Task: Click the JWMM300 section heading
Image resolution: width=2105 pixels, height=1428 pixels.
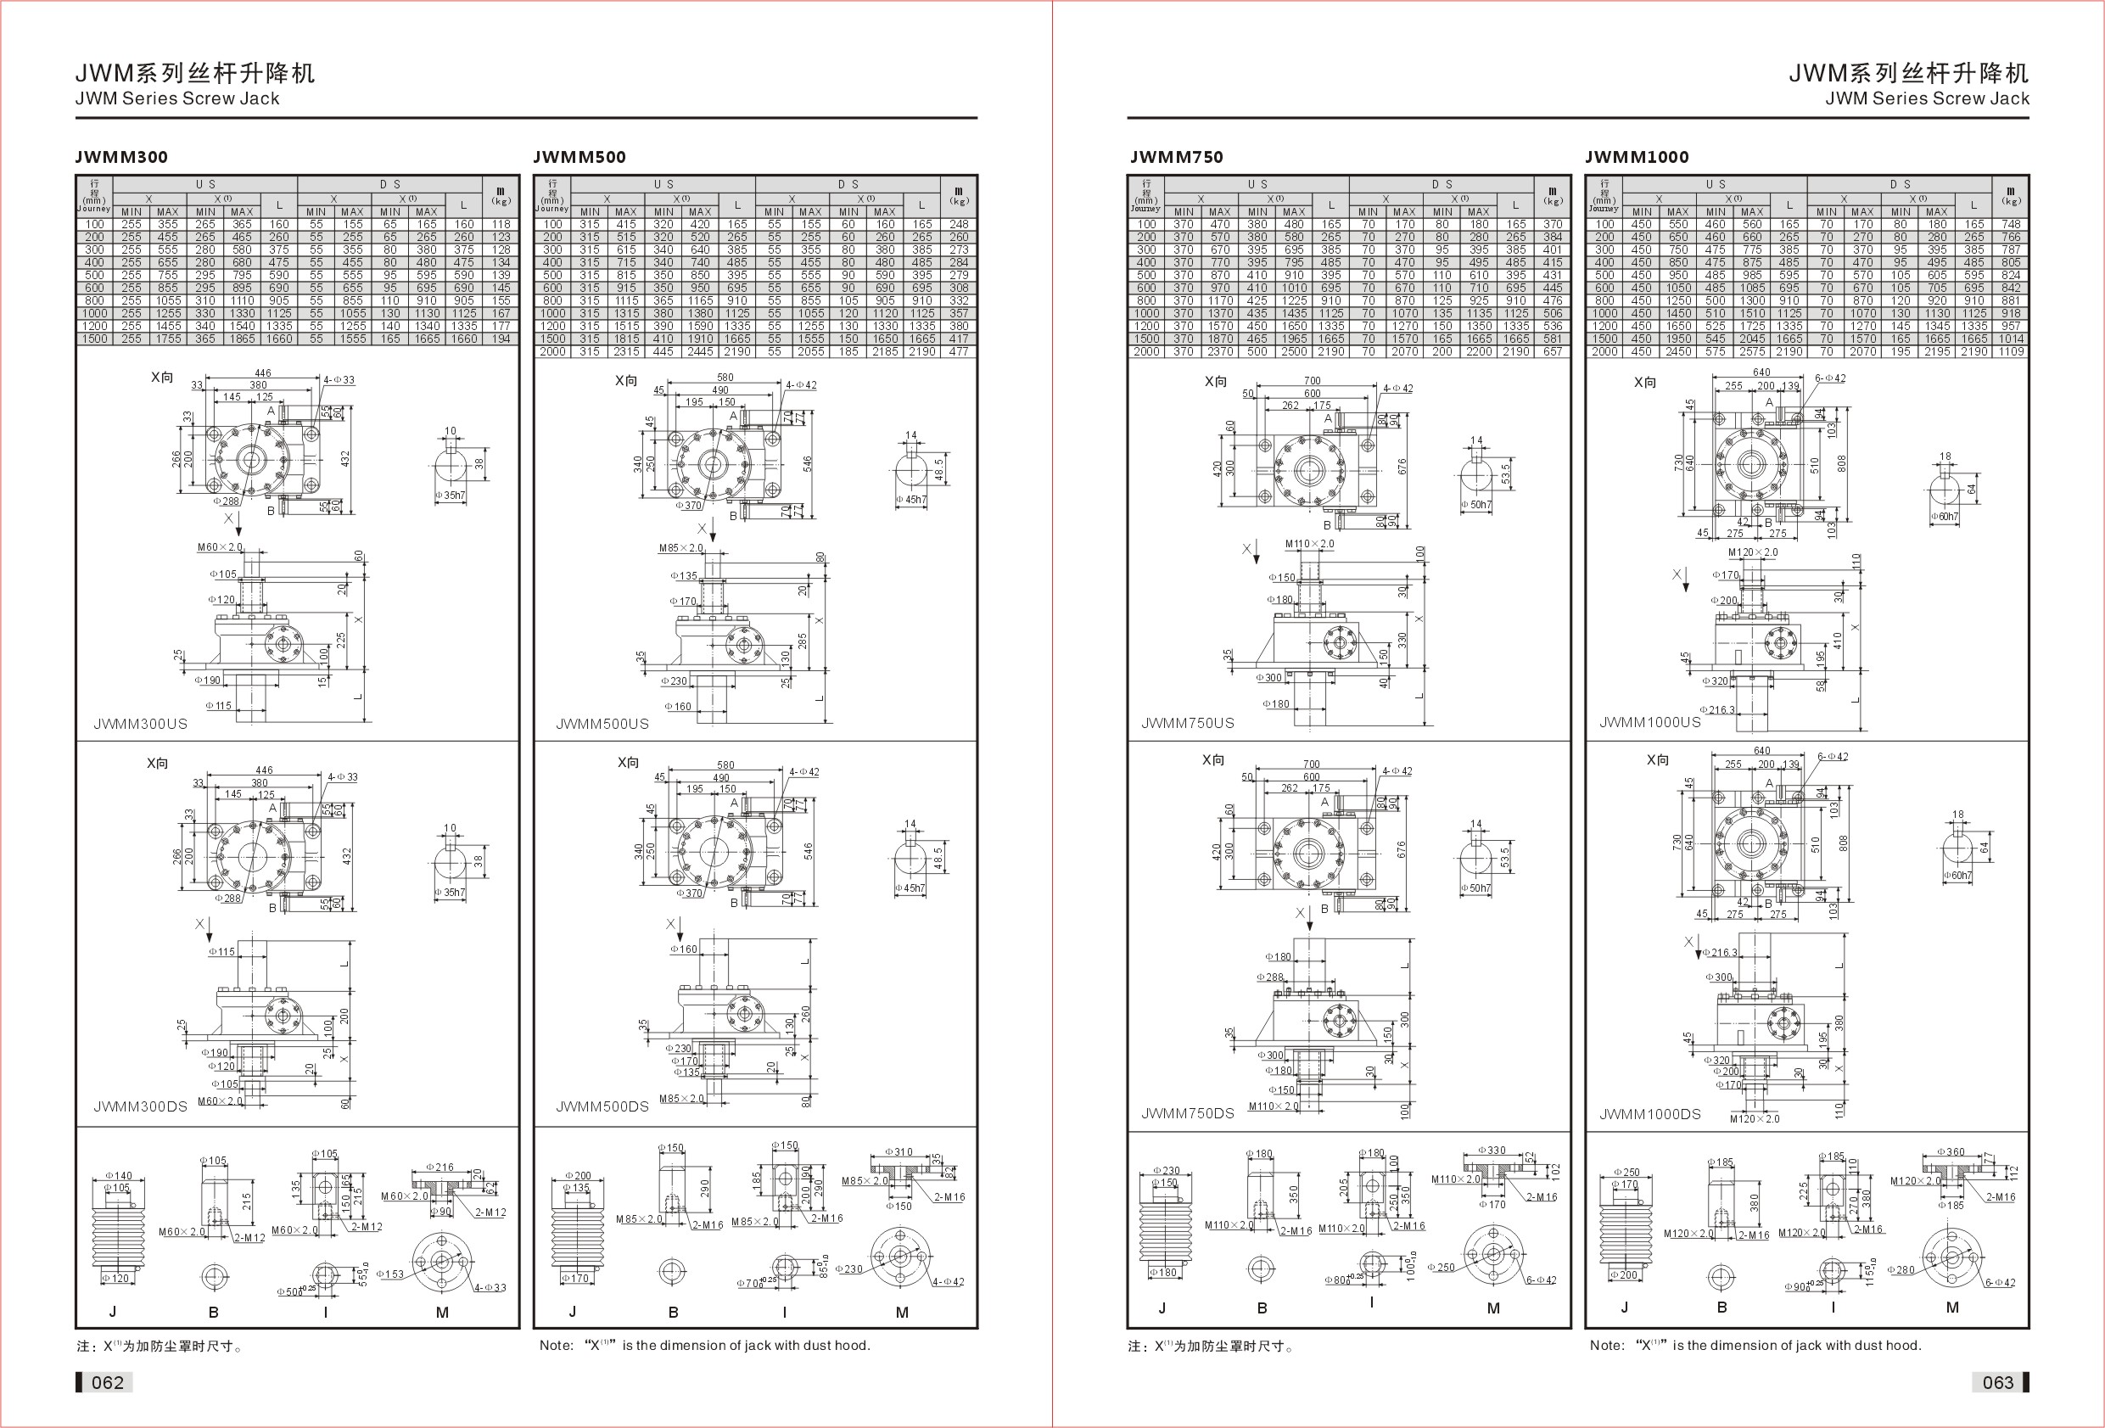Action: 121,157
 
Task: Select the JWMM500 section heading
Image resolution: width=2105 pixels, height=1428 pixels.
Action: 579,157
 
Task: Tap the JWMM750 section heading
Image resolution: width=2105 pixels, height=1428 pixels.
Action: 1176,157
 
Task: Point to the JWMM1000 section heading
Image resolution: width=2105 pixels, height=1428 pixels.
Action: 1636,157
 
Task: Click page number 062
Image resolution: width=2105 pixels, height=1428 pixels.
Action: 107,1382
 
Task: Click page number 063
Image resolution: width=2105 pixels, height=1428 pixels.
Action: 1997,1382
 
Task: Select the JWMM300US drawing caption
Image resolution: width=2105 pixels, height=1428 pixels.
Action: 140,724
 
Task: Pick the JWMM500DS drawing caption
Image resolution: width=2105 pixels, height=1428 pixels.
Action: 602,1106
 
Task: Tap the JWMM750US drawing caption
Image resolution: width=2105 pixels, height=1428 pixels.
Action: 1188,723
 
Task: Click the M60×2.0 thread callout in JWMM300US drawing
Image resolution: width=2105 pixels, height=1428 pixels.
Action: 220,547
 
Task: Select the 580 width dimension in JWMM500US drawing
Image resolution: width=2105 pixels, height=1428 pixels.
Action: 725,377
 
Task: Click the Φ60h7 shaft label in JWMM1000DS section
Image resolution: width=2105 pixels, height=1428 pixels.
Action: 1957,876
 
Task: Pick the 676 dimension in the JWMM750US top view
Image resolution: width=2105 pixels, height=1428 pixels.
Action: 1402,467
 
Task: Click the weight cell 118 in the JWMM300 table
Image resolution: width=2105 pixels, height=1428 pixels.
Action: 501,224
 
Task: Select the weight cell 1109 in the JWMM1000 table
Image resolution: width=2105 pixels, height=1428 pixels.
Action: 2011,351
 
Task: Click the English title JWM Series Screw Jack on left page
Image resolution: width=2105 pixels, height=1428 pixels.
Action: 177,98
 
